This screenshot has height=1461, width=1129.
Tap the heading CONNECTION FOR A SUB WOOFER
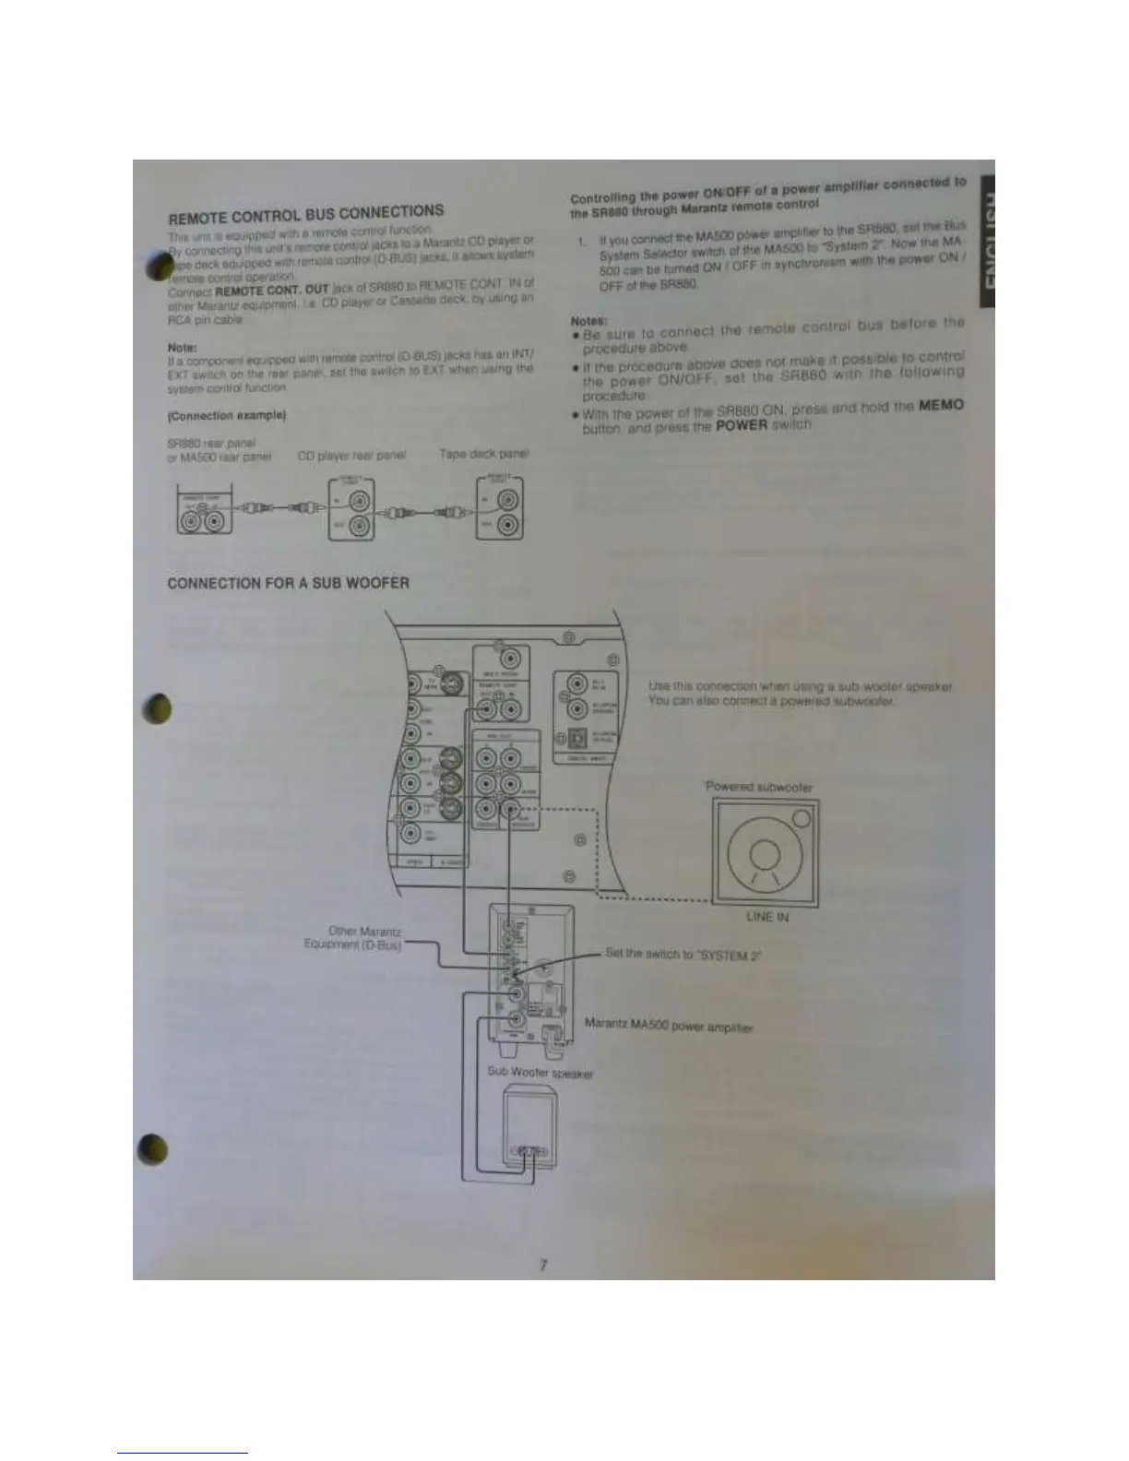click(289, 583)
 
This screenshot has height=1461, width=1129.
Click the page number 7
click(543, 1265)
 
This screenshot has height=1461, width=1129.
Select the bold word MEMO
click(942, 407)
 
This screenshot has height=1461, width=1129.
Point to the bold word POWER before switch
click(742, 426)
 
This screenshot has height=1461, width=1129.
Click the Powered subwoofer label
click(758, 787)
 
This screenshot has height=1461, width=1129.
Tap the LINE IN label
click(767, 918)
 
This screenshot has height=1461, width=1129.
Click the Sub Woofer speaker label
click(541, 1073)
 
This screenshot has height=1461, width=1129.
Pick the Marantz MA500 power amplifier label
click(670, 1025)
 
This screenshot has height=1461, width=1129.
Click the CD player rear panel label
click(346, 455)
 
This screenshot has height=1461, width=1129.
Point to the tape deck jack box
click(500, 510)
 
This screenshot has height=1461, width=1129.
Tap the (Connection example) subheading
click(227, 416)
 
